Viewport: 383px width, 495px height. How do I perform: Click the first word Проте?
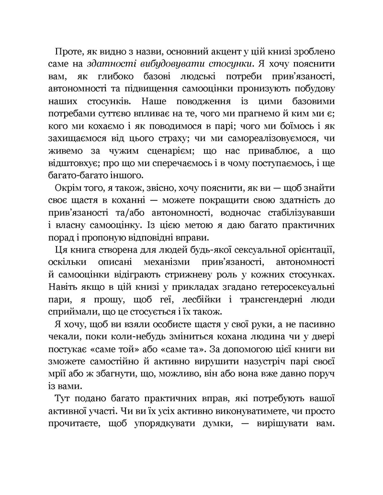pyautogui.click(x=71, y=51)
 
